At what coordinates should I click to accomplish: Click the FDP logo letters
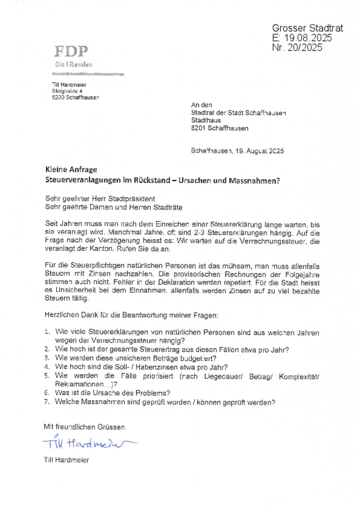pos(71,52)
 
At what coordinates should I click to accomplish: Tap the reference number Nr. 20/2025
pos(297,48)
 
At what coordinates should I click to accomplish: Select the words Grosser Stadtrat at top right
pos(307,28)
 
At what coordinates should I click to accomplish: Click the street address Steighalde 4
pos(67,91)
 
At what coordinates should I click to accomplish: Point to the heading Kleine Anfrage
pos(71,169)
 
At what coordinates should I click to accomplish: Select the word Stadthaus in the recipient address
pos(206,120)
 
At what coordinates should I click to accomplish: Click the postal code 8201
pos(198,129)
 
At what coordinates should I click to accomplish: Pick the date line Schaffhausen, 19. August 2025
pos(237,151)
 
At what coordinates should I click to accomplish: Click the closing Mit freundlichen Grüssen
pos(84,427)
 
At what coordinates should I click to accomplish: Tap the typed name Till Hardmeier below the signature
pos(66,460)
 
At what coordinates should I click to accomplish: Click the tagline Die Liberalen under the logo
pos(73,65)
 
